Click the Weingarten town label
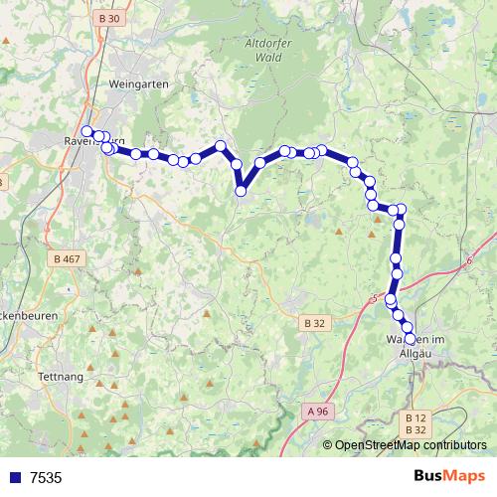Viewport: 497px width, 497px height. (x=140, y=84)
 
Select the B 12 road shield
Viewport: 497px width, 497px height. (x=415, y=417)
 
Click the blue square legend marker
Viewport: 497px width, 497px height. (x=13, y=478)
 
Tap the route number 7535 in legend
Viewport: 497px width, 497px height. (x=46, y=478)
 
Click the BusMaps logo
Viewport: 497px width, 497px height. (x=450, y=477)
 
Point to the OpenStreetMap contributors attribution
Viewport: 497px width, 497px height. (x=410, y=445)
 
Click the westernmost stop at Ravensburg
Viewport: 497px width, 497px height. (x=87, y=131)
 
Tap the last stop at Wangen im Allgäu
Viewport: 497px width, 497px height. (x=411, y=339)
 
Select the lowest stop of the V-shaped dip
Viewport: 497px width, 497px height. (x=240, y=191)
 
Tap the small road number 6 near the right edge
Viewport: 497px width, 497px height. (x=468, y=260)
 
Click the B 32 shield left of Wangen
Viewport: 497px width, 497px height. (x=315, y=322)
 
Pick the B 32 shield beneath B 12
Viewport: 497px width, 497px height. (x=415, y=429)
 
